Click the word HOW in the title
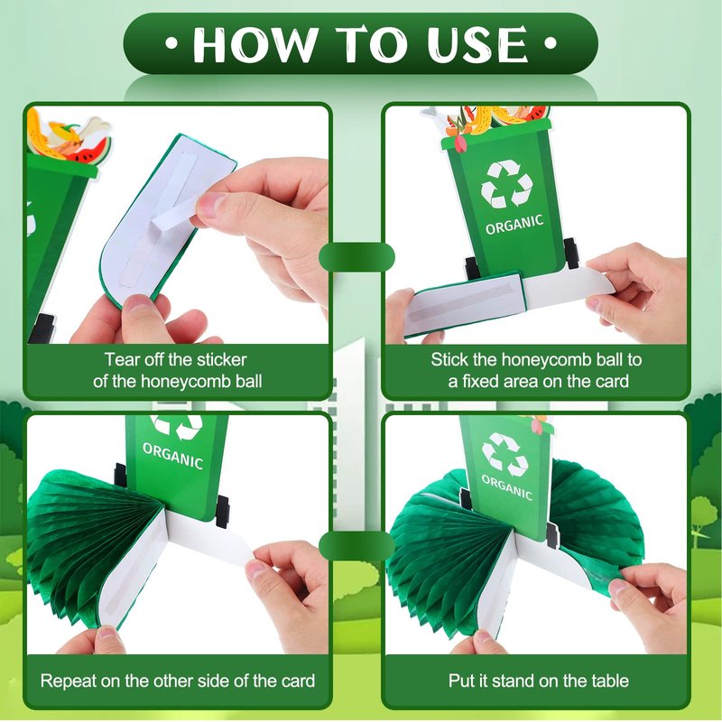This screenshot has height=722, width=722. tap(256, 44)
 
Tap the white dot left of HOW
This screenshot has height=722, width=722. tap(171, 43)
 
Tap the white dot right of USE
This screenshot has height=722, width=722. tap(551, 43)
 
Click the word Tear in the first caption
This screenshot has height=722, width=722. tap(122, 359)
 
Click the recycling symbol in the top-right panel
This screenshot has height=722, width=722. tap(506, 184)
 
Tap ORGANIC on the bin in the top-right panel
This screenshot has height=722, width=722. tap(514, 224)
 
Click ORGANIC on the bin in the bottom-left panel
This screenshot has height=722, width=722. tap(172, 456)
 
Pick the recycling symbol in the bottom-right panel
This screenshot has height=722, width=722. tap(504, 454)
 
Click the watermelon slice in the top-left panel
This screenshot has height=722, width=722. tap(90, 152)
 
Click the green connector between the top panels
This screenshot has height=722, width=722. tap(356, 257)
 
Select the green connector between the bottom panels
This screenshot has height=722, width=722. tap(356, 545)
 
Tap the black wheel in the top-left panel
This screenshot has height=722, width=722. tap(42, 329)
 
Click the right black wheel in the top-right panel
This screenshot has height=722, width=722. tap(571, 254)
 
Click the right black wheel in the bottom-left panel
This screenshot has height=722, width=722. tap(222, 512)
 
